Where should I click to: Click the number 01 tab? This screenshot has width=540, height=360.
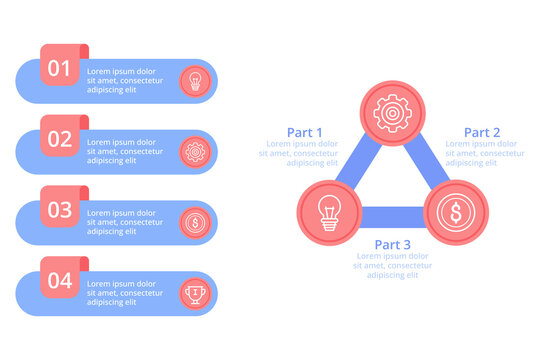pos(61,69)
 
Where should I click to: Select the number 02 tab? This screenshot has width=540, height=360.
pos(61,139)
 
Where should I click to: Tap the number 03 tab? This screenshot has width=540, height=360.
pos(61,210)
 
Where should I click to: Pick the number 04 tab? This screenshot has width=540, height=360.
pos(61,281)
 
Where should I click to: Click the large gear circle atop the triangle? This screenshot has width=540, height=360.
pos(391,112)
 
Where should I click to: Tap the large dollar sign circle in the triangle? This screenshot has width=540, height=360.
pos(455,213)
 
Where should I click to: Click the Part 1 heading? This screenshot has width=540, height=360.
pos(305,132)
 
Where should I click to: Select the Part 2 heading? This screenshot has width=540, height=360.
pos(482,132)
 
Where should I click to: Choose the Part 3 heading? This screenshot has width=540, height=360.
pos(393,244)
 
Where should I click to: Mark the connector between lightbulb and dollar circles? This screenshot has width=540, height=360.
pos(391,215)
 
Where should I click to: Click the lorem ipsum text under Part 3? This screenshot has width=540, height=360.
pos(393,265)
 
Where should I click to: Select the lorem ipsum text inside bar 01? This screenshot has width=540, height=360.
pos(121,81)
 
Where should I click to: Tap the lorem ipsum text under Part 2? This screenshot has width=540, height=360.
pos(484,153)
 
